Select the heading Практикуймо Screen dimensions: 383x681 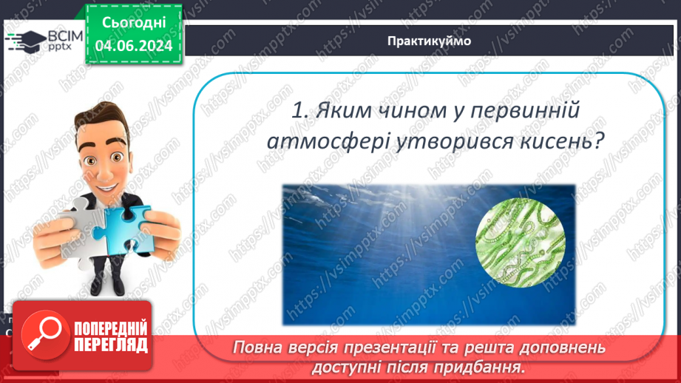click(x=428, y=41)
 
